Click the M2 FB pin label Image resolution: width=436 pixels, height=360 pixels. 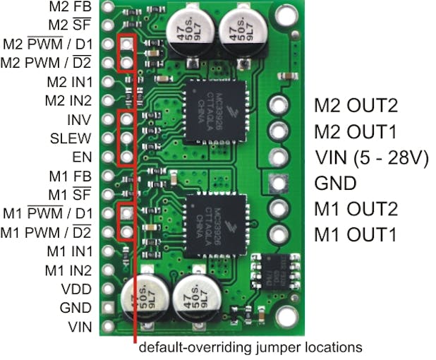pos(70,7)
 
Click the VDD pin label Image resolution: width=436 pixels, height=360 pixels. pos(77,289)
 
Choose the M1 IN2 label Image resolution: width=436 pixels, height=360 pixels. pos(68,270)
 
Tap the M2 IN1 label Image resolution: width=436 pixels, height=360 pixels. pos(68,81)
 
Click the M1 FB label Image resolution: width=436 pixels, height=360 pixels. pos(70,175)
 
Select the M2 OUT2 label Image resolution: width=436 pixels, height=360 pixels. pos(356,106)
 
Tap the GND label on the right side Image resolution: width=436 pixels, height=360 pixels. pos(335,184)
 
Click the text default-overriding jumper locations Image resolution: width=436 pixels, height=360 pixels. pos(250,347)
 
